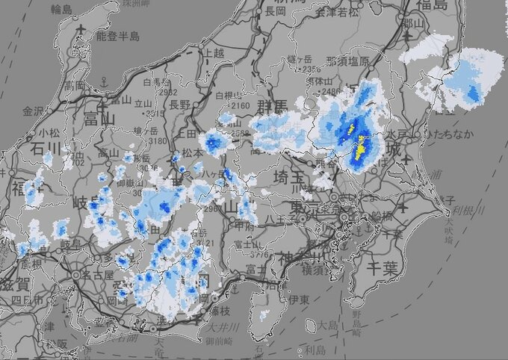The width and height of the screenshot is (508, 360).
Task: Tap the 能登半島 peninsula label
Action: pos(117,35)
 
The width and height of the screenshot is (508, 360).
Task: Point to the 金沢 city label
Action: pos(34,111)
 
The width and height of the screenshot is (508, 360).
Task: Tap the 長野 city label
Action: pos(180,104)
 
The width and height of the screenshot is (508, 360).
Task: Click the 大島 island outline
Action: pos(311,326)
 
